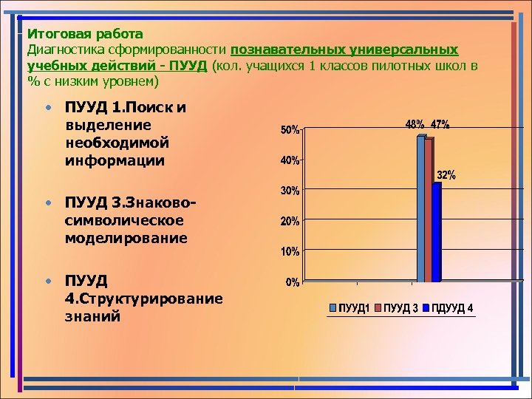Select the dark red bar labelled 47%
[x=428, y=210]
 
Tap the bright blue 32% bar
[x=436, y=232]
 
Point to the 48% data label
[x=415, y=124]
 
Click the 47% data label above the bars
[x=440, y=124]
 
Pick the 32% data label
[x=446, y=175]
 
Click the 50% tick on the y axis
[x=289, y=130]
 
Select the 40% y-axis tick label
[x=289, y=160]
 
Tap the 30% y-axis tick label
[x=289, y=191]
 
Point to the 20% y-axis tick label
[x=289, y=221]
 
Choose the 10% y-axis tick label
[x=289, y=251]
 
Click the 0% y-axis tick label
[x=292, y=282]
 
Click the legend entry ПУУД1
[x=350, y=307]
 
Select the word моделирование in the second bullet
[x=126, y=238]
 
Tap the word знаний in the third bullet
[x=93, y=316]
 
